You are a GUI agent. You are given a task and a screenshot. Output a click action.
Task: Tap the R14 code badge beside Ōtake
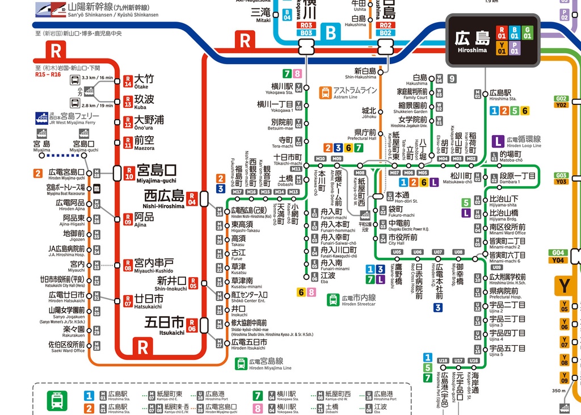tap(128, 81)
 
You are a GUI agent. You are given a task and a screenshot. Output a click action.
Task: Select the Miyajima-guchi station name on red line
tap(157, 173)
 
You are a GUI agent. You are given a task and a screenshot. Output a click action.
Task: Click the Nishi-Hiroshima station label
tap(164, 199)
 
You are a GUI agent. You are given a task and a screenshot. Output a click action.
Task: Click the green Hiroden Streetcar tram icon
tap(333, 299)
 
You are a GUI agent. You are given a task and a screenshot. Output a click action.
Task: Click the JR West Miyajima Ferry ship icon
tap(42, 118)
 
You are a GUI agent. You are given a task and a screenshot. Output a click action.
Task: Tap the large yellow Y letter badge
tap(565, 286)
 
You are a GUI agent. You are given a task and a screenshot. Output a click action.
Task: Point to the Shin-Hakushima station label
tap(365, 73)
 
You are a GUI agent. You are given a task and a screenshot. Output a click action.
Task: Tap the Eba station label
tap(328, 278)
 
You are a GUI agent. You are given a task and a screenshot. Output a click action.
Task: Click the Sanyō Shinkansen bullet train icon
tap(49, 9)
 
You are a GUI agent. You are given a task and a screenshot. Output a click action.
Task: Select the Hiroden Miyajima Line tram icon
tap(241, 364)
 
